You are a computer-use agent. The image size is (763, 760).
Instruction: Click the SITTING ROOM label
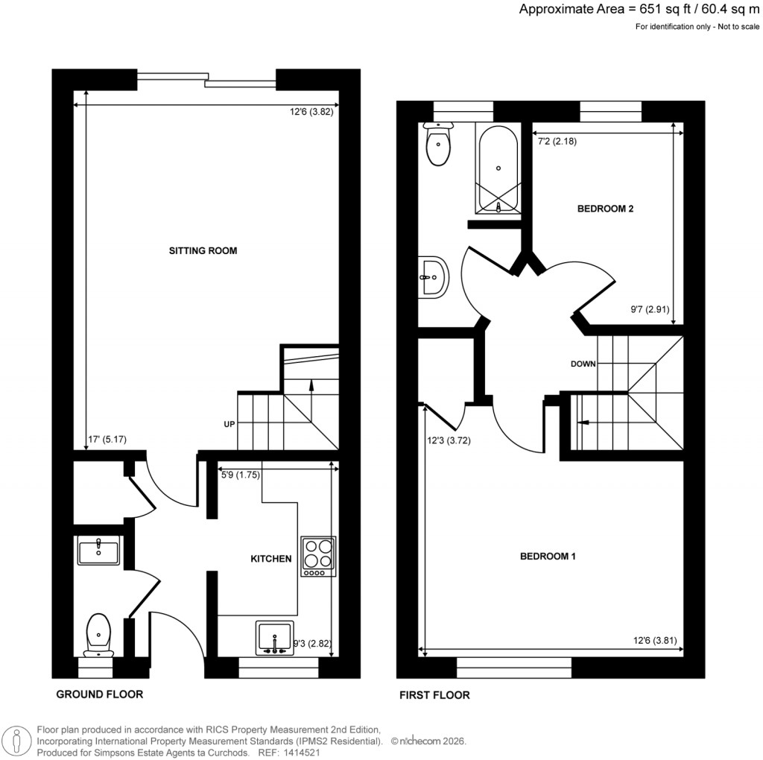click(203, 251)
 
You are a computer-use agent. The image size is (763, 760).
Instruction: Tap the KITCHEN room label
click(270, 558)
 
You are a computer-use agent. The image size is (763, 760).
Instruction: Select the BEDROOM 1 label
click(548, 557)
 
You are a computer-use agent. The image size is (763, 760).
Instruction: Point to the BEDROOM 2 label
click(605, 209)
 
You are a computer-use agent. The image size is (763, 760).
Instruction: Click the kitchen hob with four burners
click(318, 557)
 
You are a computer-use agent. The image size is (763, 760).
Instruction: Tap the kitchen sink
click(275, 639)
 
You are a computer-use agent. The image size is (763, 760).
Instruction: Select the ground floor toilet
click(98, 634)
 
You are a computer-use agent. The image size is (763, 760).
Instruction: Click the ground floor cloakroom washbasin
click(98, 552)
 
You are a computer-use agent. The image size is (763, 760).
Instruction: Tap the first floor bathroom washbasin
click(432, 279)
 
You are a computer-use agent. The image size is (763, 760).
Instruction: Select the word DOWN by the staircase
click(583, 364)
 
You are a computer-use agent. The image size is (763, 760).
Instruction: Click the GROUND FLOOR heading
click(99, 694)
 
